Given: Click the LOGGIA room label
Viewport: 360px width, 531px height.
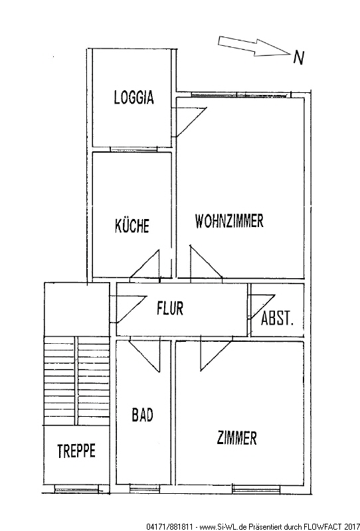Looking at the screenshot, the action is point(134,97).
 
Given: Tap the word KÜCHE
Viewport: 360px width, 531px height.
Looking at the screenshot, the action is point(132,226).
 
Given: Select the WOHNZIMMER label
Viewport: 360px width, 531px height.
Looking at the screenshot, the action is point(229,221).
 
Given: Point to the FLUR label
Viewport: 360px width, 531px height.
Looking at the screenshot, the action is point(170,308).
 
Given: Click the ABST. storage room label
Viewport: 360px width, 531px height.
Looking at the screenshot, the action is point(276,318).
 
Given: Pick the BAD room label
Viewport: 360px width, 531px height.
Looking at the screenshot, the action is point(142,415).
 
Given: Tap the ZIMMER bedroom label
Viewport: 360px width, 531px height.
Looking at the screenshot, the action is point(236,437).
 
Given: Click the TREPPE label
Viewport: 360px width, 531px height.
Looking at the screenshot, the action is point(76,451).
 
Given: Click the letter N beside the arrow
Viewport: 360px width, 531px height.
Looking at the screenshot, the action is point(298,58).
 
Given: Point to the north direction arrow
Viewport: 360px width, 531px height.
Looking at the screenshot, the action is point(254,46).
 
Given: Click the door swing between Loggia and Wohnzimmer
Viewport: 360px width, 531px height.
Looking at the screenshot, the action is point(191,123).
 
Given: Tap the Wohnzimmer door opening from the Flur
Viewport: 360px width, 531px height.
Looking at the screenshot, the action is point(206,263).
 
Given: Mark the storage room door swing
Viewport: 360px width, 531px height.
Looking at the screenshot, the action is point(262,307).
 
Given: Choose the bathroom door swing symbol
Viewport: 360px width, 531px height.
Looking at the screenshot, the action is point(145,356).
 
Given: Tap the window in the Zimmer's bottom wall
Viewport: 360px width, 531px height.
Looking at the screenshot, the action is point(256,489).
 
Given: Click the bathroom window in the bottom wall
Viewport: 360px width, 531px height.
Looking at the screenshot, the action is point(145,489).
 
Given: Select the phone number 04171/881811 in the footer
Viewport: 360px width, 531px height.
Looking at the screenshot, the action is point(170,526).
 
